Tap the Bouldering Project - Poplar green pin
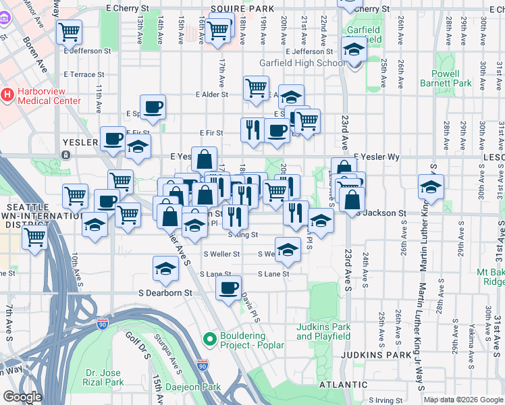click(x=209, y=337)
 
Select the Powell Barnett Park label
click(x=451, y=78)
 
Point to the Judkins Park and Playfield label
click(x=323, y=331)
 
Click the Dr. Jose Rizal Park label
click(x=105, y=377)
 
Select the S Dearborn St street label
click(x=165, y=294)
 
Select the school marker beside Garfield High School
click(x=353, y=49)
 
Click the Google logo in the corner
click(x=22, y=397)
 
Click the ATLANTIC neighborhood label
click(x=325, y=384)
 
